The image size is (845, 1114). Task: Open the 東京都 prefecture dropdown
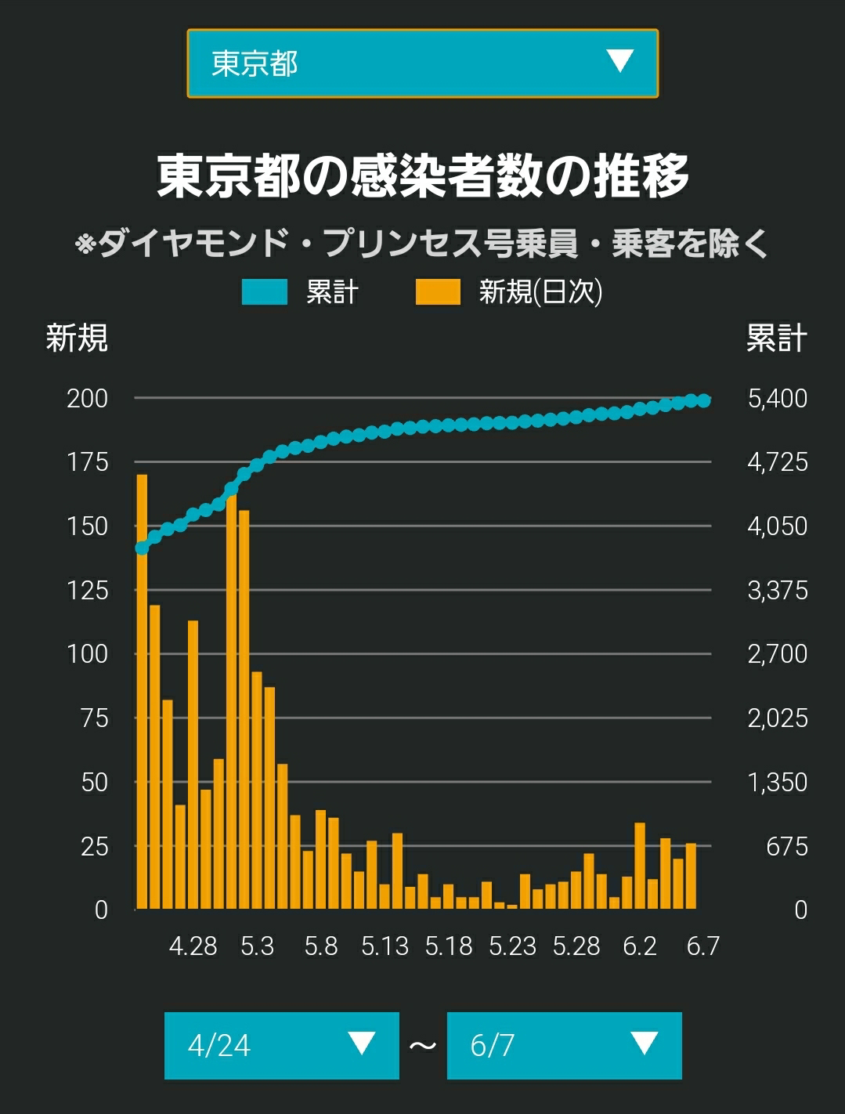click(x=423, y=63)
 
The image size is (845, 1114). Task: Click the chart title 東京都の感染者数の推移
click(x=423, y=176)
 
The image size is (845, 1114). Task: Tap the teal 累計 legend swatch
click(x=264, y=292)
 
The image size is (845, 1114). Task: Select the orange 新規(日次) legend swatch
click(x=438, y=292)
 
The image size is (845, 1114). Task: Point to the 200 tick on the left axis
click(x=88, y=399)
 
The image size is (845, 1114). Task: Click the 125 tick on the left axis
click(x=88, y=591)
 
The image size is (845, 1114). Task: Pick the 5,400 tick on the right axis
click(x=778, y=399)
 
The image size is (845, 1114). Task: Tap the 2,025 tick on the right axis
click(x=778, y=718)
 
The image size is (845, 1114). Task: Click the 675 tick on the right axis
click(x=787, y=847)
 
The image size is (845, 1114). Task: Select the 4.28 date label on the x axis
click(x=193, y=946)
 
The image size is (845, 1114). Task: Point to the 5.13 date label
click(x=385, y=946)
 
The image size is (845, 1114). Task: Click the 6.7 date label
click(x=703, y=946)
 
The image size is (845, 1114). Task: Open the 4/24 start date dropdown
click(x=281, y=1046)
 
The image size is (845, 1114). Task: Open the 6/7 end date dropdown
click(x=564, y=1046)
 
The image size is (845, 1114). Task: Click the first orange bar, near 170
click(x=142, y=691)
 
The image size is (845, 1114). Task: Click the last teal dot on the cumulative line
click(x=703, y=400)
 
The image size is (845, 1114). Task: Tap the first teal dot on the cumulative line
click(x=142, y=548)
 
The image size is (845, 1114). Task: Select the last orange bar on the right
click(x=691, y=876)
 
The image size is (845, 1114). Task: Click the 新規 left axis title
click(x=77, y=338)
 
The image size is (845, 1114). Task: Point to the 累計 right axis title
click(x=777, y=338)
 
